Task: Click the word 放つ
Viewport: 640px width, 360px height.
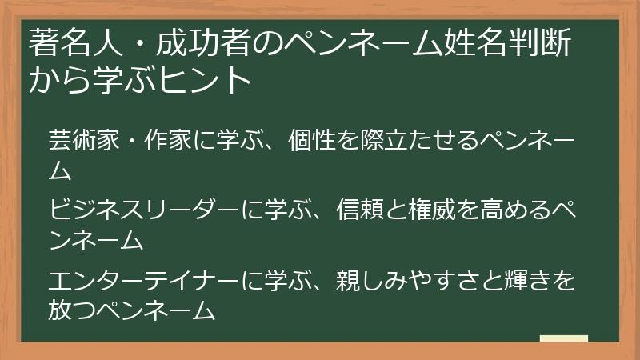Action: click(71, 310)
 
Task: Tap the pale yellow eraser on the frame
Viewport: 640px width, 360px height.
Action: click(564, 339)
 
